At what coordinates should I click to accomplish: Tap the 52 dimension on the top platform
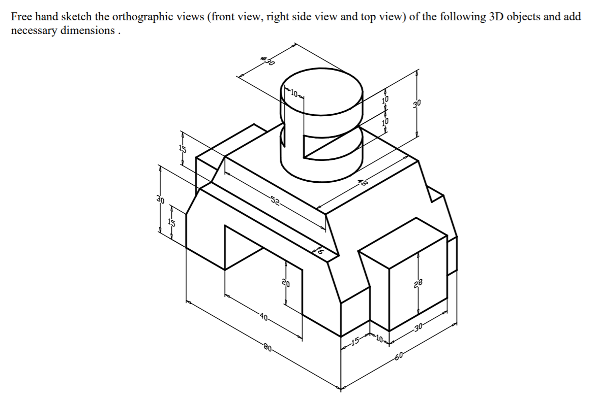click(x=275, y=202)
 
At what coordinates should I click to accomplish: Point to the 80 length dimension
click(x=269, y=348)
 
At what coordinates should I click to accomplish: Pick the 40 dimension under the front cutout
click(x=263, y=318)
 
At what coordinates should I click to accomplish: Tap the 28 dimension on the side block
click(x=418, y=283)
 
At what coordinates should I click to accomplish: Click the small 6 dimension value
click(x=320, y=249)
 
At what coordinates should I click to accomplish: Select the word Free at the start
click(x=21, y=16)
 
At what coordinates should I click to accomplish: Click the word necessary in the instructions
click(x=35, y=30)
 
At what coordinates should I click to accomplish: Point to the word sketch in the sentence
click(x=80, y=16)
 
